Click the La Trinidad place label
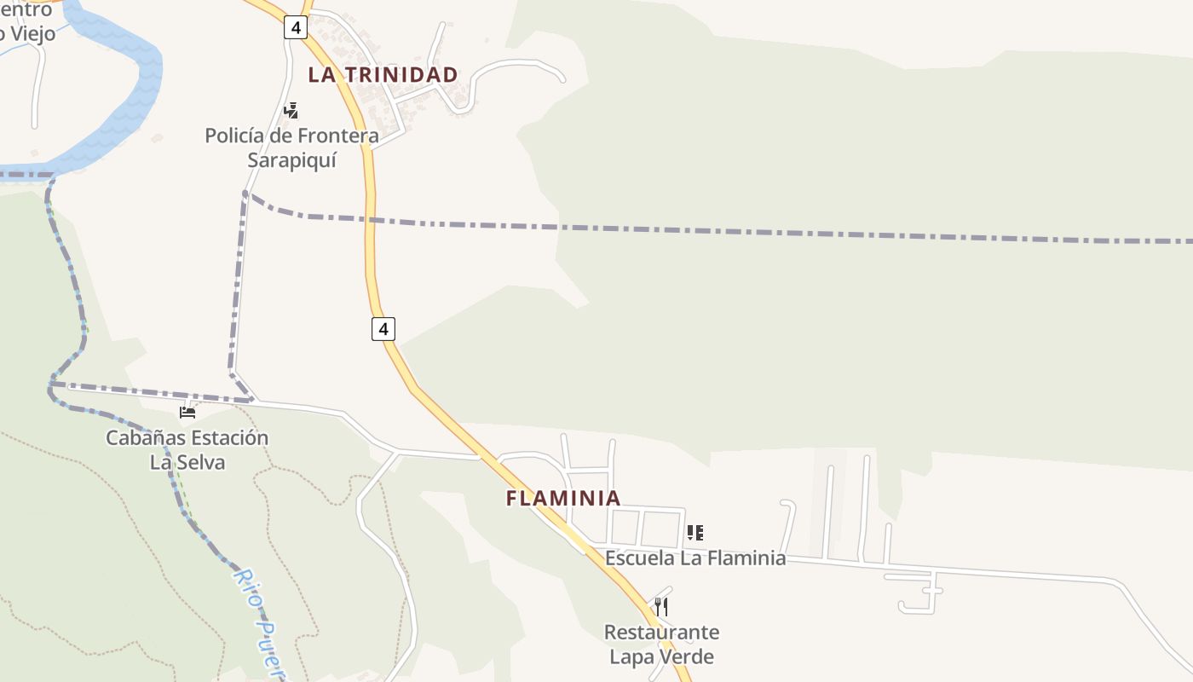(383, 75)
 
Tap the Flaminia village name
(563, 498)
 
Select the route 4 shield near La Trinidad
(295, 28)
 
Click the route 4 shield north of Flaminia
(383, 328)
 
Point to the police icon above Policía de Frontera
(291, 110)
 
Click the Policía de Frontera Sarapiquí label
(291, 147)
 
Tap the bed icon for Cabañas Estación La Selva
(187, 413)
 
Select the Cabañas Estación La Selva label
(187, 450)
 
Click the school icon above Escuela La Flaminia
(695, 534)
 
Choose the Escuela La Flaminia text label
(695, 558)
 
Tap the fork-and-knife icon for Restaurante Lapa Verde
(661, 607)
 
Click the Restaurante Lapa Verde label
(661, 644)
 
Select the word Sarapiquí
(291, 160)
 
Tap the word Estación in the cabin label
(228, 438)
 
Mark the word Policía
(234, 136)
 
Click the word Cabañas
(143, 438)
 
